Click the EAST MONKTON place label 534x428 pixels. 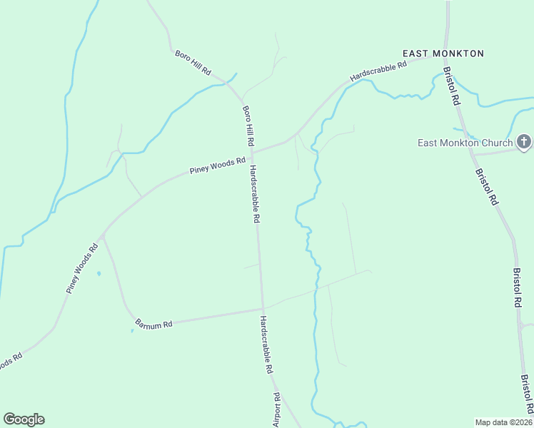click(443, 53)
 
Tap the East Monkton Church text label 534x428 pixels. click(465, 143)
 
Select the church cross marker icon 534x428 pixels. click(525, 142)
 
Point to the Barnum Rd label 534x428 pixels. click(153, 325)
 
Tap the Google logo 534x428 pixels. click(24, 419)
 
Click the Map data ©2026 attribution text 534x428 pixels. click(503, 422)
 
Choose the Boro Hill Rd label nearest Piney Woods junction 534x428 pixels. click(248, 127)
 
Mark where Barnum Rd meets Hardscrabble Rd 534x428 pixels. click(262, 309)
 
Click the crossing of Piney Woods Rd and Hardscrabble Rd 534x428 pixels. click(252, 151)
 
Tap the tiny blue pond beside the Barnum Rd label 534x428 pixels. click(132, 330)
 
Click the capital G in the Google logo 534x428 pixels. click(9, 419)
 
